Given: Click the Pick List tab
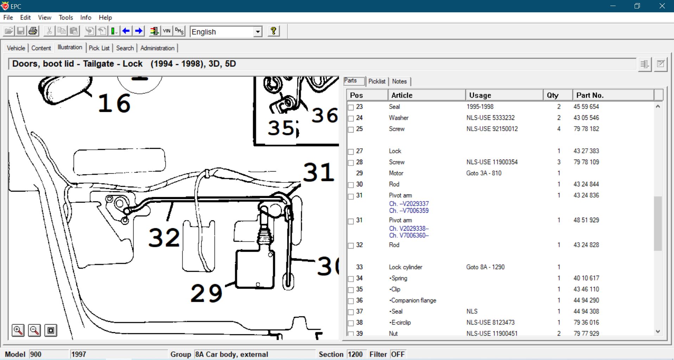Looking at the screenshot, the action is click(x=99, y=48).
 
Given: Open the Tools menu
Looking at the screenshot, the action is click(x=66, y=17).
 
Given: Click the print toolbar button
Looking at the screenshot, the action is click(x=33, y=31).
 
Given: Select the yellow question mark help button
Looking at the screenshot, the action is click(x=273, y=31).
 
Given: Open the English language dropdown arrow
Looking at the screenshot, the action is click(x=258, y=32).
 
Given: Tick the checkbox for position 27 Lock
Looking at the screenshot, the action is click(x=351, y=152).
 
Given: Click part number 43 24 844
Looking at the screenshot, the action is click(x=586, y=184).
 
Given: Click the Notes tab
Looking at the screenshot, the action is click(x=399, y=81).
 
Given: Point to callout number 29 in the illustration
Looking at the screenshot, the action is click(x=206, y=293).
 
